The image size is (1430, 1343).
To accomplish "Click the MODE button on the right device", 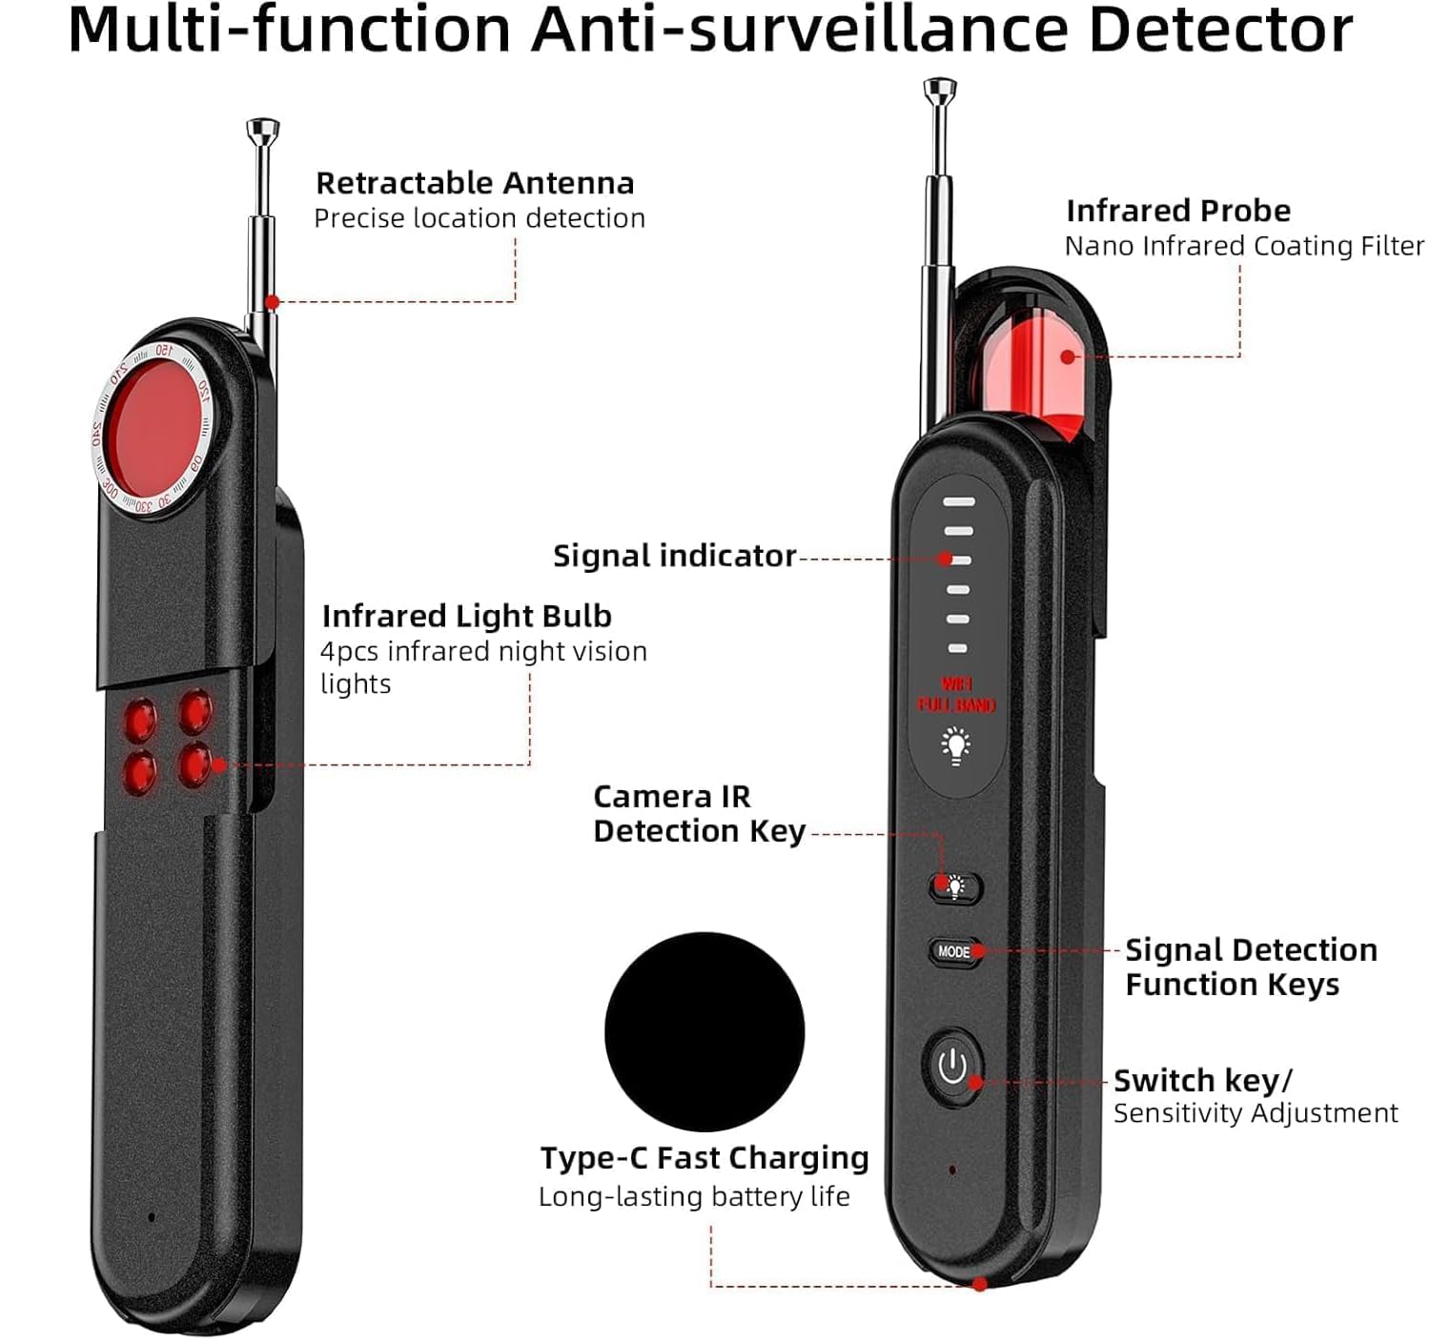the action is pos(953,951).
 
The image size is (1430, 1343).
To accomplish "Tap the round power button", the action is pos(952,1067).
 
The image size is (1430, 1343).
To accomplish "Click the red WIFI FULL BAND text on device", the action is pos(956,695).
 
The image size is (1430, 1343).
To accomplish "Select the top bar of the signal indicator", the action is pos(959,501).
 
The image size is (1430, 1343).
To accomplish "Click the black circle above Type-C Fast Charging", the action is pos(705,1031).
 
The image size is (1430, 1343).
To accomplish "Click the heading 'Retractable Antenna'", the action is pos(475,183).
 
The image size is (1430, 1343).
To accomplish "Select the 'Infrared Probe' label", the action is pos(1178,211).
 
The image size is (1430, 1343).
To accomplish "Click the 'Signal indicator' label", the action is pos(674,556).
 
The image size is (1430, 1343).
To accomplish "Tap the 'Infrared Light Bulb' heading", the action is pos(466,616).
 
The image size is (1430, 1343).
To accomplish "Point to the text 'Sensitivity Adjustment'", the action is pos(1256,1113).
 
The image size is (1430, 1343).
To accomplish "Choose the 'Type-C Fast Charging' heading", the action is pos(705,1157).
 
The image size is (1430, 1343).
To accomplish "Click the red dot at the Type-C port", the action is pos(979,1285).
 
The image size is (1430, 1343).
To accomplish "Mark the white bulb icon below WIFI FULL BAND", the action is pos(956,745).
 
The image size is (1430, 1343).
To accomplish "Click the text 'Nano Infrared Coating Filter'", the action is pos(1244,246).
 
